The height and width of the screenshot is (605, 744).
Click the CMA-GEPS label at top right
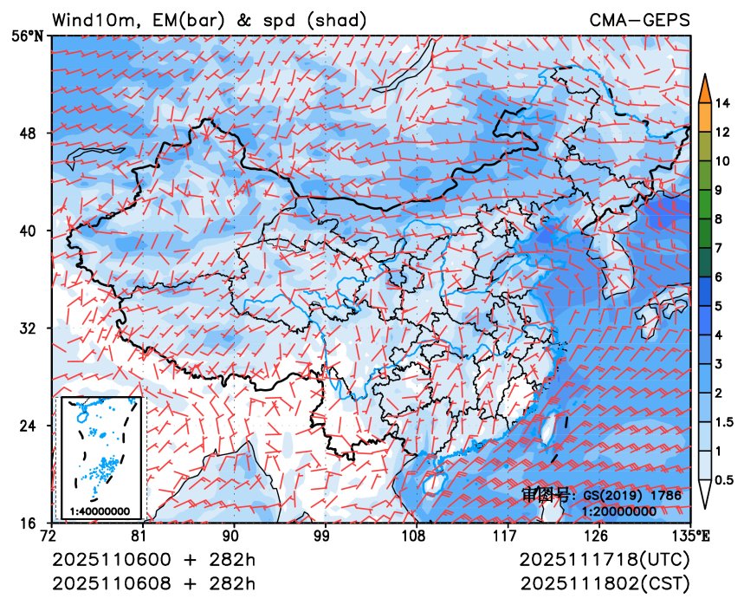pos(640,19)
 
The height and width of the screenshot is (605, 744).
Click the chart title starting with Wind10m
pos(209,19)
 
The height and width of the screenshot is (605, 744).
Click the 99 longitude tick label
pos(325,536)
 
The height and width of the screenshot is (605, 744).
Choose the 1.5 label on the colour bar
pos(726,422)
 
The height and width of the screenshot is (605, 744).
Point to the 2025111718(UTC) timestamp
pos(605,559)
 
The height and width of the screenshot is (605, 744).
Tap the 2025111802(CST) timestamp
pos(605,582)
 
